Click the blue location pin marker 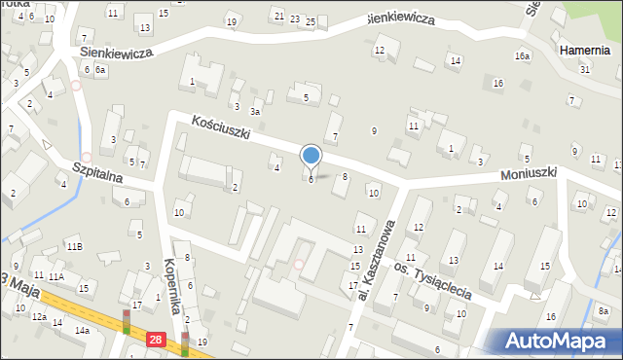(311, 156)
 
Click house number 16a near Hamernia (523, 56)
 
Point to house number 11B (75, 247)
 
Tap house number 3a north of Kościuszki (256, 114)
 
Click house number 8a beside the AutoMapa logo (604, 311)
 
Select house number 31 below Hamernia (584, 69)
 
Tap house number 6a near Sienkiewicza (100, 70)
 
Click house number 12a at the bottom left (39, 317)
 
